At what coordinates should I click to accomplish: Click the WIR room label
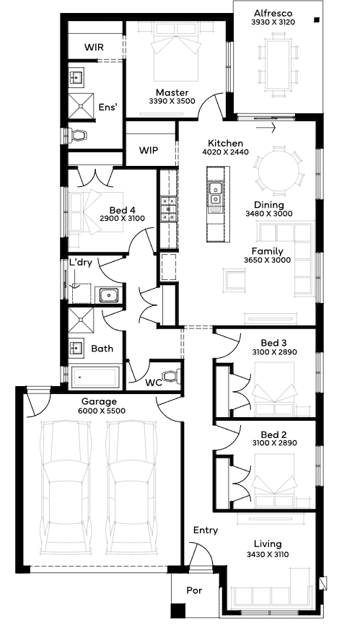click(94, 47)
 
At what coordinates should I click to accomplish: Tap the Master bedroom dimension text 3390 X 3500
click(172, 101)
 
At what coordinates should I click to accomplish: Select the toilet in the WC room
click(171, 375)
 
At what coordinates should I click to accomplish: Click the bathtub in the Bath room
click(96, 377)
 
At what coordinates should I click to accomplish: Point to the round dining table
click(278, 170)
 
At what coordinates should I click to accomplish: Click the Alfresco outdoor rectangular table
click(278, 65)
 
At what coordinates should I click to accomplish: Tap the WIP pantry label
click(149, 150)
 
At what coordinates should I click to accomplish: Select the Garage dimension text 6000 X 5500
click(102, 411)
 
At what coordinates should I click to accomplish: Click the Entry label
click(206, 530)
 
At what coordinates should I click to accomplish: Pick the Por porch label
click(195, 590)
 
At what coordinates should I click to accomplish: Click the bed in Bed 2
click(273, 481)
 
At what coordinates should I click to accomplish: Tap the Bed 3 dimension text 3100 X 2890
click(274, 352)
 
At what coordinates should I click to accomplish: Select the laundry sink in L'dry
click(108, 295)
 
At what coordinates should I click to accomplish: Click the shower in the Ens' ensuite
click(81, 106)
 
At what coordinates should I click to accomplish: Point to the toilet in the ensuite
click(77, 135)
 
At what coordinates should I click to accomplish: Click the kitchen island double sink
click(215, 193)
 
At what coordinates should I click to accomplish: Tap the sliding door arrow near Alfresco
click(266, 128)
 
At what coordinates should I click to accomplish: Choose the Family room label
click(267, 251)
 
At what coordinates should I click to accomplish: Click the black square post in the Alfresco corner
click(317, 19)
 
